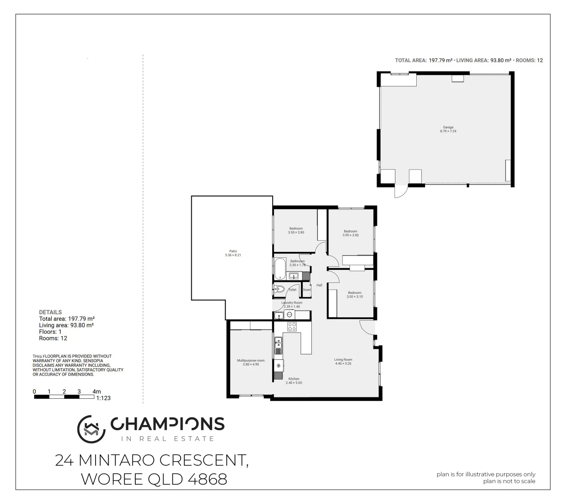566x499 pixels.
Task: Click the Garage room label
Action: [448, 127]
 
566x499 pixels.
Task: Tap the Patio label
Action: [232, 251]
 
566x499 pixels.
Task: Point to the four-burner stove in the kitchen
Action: [292, 327]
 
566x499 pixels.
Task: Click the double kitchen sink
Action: [278, 345]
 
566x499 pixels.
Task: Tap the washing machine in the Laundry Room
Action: [290, 315]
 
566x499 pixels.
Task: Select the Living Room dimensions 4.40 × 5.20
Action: [343, 364]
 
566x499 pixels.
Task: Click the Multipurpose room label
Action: [250, 360]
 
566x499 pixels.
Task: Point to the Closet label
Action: [306, 290]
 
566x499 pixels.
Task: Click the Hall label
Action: [319, 285]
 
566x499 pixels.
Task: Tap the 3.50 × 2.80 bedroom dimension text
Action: [296, 232]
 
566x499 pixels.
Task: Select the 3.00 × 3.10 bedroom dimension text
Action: [354, 297]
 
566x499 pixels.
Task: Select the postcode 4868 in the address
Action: [207, 479]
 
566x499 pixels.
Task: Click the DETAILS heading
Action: [50, 312]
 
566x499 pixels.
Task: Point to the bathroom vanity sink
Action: [293, 276]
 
